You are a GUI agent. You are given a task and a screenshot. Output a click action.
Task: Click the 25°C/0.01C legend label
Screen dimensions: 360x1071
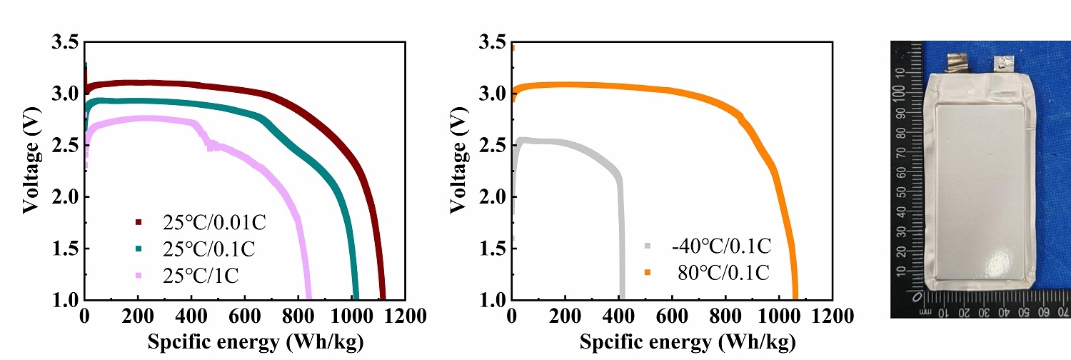tap(214, 223)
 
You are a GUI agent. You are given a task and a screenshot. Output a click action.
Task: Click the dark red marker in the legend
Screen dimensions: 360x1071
tap(139, 223)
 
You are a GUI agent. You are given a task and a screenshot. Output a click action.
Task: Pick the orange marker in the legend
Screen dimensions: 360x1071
tap(648, 273)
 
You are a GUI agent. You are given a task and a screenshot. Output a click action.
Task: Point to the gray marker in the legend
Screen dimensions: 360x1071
tap(648, 246)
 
